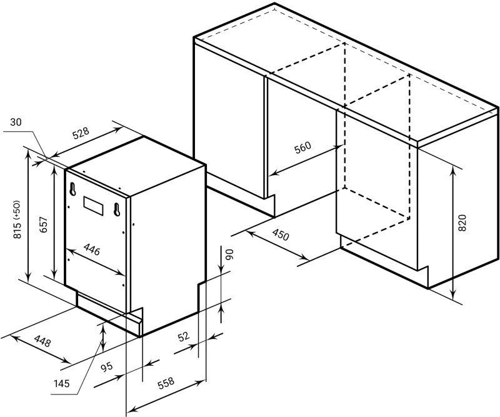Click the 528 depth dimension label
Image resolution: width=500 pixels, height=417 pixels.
[x=81, y=133]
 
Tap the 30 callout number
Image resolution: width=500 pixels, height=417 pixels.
[x=16, y=122]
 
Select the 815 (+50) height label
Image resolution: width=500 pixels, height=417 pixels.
[x=17, y=219]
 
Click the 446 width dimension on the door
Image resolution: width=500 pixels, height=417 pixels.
[x=92, y=249]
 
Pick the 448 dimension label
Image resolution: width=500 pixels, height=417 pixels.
[x=42, y=341]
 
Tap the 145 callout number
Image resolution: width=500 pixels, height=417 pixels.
[x=61, y=383]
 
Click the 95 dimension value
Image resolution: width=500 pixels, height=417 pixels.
[x=107, y=366]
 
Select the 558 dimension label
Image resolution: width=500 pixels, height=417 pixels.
[x=166, y=383]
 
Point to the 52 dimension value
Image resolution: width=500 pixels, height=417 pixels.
[x=183, y=336]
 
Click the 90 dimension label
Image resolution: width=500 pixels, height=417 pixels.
[x=230, y=254]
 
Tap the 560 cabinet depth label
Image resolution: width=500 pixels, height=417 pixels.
[x=302, y=148]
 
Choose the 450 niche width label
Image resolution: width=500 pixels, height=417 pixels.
[x=281, y=235]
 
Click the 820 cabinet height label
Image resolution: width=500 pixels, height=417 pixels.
[x=462, y=223]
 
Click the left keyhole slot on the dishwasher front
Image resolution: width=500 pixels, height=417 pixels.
[x=73, y=189]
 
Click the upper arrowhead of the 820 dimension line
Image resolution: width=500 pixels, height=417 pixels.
[x=452, y=171]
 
